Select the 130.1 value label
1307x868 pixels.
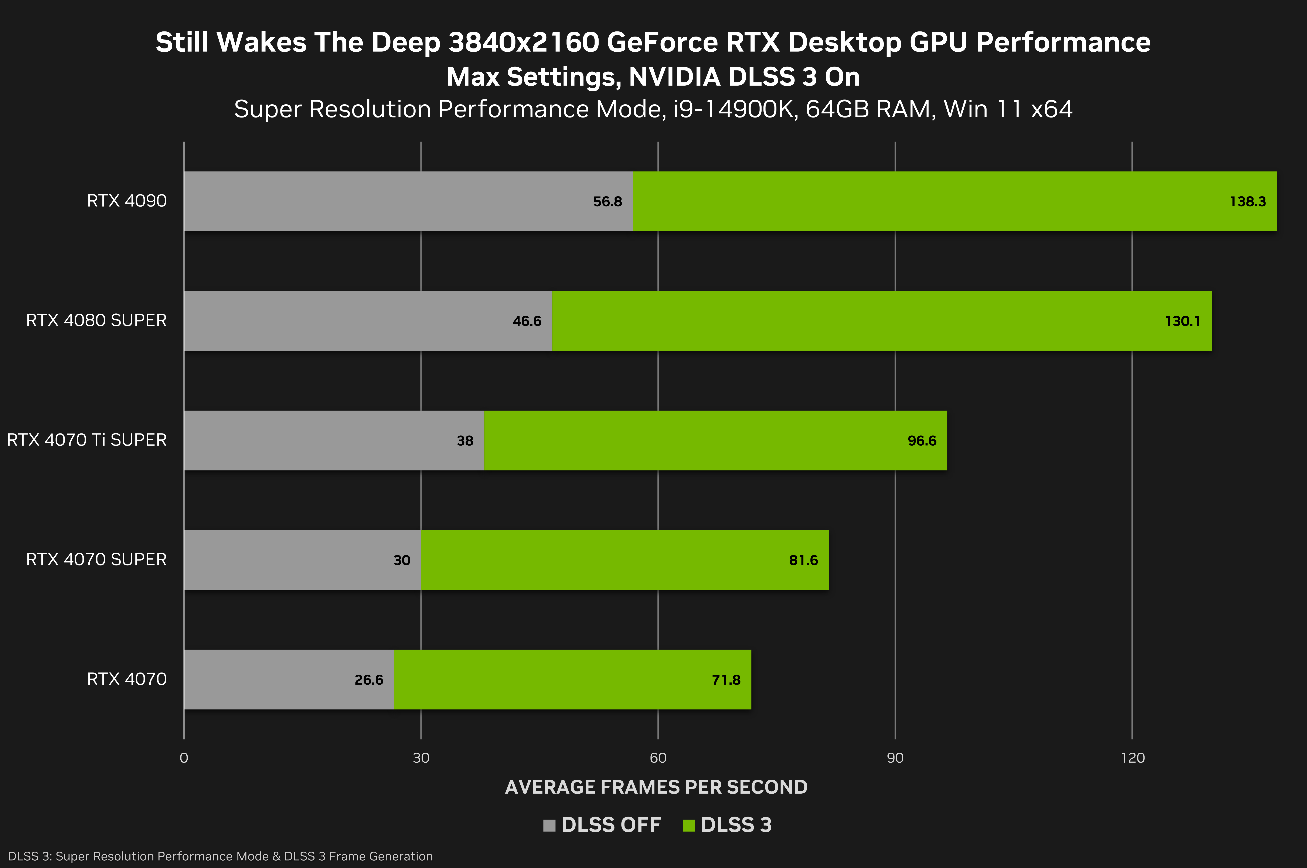[1182, 321]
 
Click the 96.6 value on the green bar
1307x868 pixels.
[922, 441]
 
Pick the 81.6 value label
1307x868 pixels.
[803, 560]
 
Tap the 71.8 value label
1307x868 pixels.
[726, 680]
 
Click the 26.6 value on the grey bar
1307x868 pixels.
[369, 680]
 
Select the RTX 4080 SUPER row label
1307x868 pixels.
[96, 320]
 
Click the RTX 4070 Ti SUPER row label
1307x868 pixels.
[87, 440]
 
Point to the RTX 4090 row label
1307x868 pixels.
[127, 201]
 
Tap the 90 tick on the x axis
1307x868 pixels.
[895, 758]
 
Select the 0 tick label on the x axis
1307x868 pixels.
[184, 758]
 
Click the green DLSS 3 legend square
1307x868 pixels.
[689, 825]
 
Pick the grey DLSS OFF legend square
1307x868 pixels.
[549, 825]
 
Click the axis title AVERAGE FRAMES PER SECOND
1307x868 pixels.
[656, 787]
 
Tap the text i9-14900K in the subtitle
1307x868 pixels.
[735, 109]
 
